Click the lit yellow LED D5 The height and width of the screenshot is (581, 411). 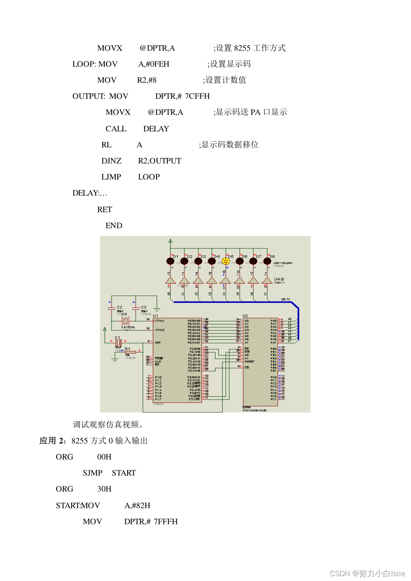(x=226, y=261)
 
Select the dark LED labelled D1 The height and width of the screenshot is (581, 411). (x=170, y=261)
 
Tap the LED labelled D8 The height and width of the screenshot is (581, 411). (x=267, y=261)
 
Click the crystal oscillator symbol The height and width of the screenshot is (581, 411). (x=126, y=321)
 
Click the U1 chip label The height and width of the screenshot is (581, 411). (x=155, y=316)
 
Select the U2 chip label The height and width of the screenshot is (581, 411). (x=245, y=316)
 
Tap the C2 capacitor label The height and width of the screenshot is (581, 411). (x=119, y=307)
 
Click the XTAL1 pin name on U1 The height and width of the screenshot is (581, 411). (x=159, y=321)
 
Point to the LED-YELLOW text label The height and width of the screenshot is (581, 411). (x=283, y=263)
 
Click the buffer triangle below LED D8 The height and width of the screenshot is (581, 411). (x=267, y=280)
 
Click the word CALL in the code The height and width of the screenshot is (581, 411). (x=116, y=129)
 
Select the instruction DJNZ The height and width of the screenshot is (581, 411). (x=111, y=161)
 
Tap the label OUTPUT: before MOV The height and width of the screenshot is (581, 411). (x=89, y=96)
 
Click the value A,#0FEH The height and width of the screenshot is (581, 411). (x=154, y=64)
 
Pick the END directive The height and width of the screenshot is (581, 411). (x=114, y=225)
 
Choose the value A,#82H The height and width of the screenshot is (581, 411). (x=137, y=506)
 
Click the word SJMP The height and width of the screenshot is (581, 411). (x=93, y=473)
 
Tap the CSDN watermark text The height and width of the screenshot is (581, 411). (x=367, y=573)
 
